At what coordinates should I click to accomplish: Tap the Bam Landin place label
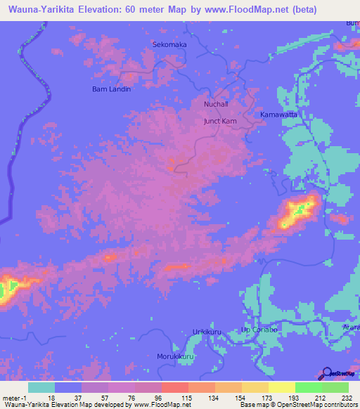coord(112,89)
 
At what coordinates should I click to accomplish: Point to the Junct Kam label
coord(219,121)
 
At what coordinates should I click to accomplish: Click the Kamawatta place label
coord(279,114)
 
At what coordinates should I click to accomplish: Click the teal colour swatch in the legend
coord(41,387)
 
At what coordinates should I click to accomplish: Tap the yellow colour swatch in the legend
coord(282,387)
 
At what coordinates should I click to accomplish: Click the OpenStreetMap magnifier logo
coord(326,374)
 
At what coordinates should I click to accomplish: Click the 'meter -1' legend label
coord(14,398)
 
